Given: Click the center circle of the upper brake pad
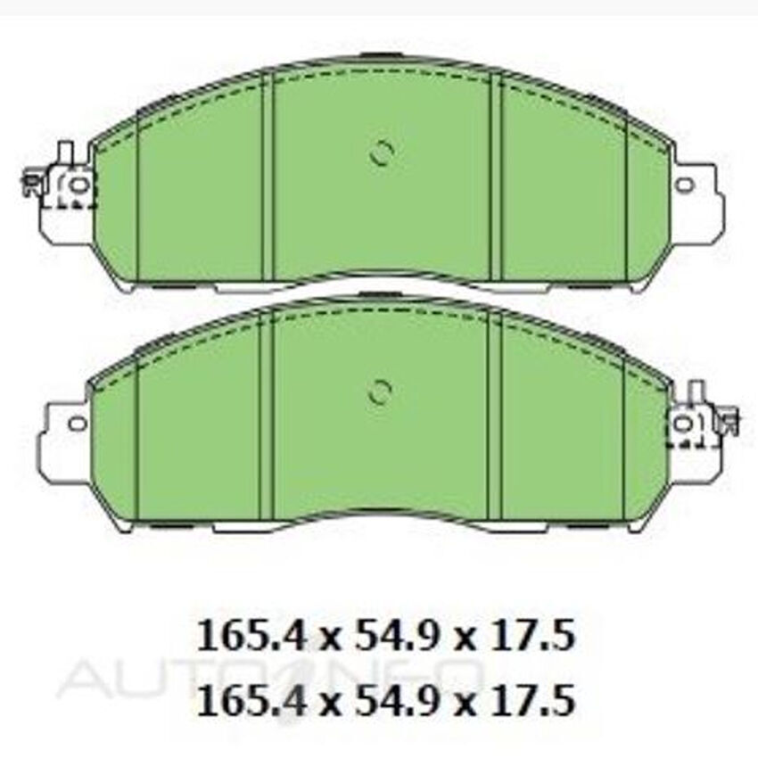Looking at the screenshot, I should click(x=382, y=154).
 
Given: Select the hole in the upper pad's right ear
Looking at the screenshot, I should click(x=684, y=185).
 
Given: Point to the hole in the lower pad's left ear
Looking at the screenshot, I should click(x=78, y=423).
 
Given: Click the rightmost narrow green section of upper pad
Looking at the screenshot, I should click(x=647, y=205).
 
